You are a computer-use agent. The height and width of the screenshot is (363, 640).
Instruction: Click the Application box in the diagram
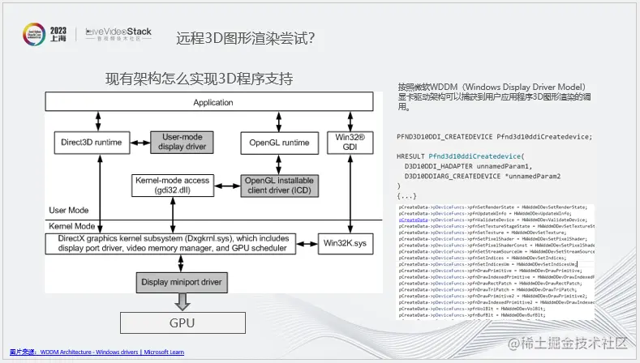click(x=213, y=103)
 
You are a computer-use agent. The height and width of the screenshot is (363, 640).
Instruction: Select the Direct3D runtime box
click(x=91, y=143)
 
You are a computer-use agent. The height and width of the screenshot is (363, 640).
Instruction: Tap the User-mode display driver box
click(x=182, y=143)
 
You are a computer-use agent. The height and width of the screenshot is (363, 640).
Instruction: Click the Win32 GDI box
click(x=350, y=143)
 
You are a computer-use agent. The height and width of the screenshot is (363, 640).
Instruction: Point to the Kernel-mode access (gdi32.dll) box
click(x=172, y=185)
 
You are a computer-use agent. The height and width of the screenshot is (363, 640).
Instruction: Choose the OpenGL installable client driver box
click(x=279, y=185)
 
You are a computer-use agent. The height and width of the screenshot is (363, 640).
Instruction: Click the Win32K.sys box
click(x=350, y=242)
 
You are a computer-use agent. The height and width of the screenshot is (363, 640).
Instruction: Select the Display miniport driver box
click(x=182, y=283)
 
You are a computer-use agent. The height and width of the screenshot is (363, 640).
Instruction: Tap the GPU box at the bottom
click(x=182, y=322)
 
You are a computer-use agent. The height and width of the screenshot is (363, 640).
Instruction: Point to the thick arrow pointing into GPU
click(x=182, y=301)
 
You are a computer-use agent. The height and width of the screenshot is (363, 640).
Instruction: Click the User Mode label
click(x=68, y=210)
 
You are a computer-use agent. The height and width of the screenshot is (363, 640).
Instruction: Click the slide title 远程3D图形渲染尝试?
click(x=246, y=38)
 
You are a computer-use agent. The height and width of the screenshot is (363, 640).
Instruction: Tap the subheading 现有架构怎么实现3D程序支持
click(x=199, y=79)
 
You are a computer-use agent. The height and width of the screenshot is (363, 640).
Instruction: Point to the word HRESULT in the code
click(x=411, y=155)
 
